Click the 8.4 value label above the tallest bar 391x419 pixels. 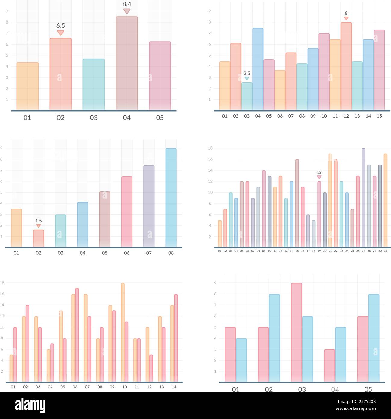tap(127, 4)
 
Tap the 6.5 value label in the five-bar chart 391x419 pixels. tap(61, 26)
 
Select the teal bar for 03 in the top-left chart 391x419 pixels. tap(94, 84)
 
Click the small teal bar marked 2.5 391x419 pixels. tap(247, 96)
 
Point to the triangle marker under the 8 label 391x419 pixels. tap(346, 18)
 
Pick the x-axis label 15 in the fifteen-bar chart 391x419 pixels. tap(379, 116)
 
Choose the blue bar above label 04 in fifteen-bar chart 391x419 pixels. tap(258, 69)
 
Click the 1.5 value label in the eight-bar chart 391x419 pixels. tap(39, 221)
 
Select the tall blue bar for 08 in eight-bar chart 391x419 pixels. tap(171, 197)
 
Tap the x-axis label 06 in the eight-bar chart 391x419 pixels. tap(127, 253)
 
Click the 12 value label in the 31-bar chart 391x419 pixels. tap(319, 172)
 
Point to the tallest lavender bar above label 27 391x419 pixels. tap(363, 197)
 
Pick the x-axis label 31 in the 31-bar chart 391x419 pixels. tap(386, 251)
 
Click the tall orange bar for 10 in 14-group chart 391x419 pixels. tap(123, 332)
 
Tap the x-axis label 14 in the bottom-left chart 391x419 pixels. tap(174, 387)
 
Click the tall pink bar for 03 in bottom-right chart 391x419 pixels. tap(296, 332)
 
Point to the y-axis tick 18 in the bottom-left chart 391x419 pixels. tap(2, 283)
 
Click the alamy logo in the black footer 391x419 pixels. tap(30, 405)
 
